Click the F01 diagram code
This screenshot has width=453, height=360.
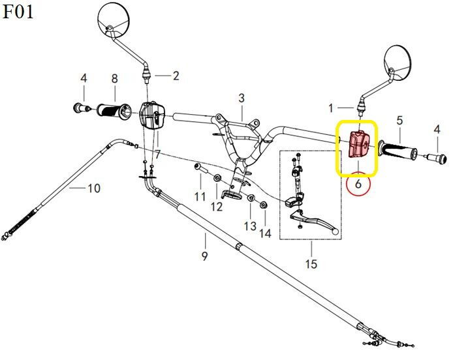tap(18, 12)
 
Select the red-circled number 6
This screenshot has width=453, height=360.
tap(358, 184)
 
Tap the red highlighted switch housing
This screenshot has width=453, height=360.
tap(359, 144)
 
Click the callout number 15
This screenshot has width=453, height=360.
tap(311, 263)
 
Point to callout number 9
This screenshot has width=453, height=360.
tap(204, 256)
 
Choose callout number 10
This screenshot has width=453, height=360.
tap(94, 188)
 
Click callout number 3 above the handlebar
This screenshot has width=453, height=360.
tap(242, 98)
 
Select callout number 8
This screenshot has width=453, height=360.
tap(115, 78)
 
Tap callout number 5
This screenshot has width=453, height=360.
tap(399, 121)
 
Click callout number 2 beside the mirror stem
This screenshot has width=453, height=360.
tap(176, 76)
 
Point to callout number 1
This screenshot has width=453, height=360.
tap(331, 108)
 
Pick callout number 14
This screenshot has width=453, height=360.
tap(266, 233)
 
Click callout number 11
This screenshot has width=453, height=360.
tap(200, 196)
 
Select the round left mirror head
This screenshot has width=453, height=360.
tap(114, 19)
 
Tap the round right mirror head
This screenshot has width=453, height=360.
tap(398, 63)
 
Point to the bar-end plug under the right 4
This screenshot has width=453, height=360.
tap(437, 158)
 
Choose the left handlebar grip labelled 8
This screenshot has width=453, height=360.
tap(114, 111)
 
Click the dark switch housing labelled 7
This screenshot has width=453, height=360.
tap(152, 115)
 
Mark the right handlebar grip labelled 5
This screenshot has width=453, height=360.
tap(398, 150)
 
